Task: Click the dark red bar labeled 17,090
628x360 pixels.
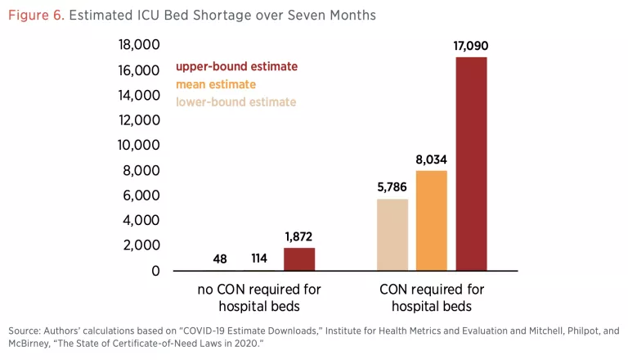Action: (x=471, y=164)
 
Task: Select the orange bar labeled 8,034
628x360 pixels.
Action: (x=432, y=220)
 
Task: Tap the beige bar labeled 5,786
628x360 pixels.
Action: (x=392, y=235)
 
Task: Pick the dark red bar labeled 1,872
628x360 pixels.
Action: (x=299, y=259)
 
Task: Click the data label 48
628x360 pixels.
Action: (x=220, y=259)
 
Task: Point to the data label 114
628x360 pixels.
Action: (x=259, y=259)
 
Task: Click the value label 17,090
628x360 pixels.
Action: (x=471, y=46)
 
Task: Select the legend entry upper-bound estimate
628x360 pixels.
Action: (x=236, y=66)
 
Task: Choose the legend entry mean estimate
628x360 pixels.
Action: (x=216, y=84)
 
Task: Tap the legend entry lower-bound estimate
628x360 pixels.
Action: (x=235, y=102)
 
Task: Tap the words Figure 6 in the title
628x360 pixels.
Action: (x=36, y=16)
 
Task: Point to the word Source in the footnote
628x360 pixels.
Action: (x=25, y=330)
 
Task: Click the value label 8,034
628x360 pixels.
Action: (x=432, y=160)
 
